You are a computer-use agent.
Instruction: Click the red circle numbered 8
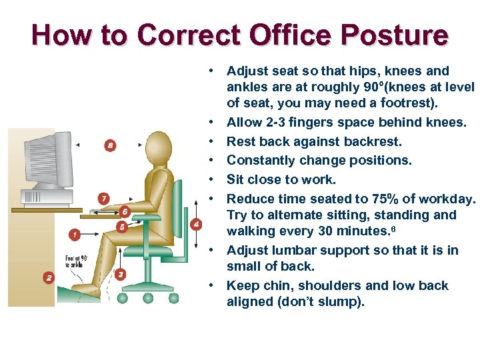[x=110, y=145]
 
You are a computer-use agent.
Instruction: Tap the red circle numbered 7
[x=103, y=198]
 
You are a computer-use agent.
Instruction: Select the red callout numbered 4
[x=196, y=224]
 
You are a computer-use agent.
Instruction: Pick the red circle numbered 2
[x=48, y=277]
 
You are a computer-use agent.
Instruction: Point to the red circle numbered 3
[x=120, y=273]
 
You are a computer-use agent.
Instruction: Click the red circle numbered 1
[x=74, y=234]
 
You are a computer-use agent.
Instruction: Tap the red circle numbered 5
[x=121, y=227]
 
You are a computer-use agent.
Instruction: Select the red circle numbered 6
[x=125, y=211]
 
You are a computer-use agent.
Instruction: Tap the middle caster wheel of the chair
[x=148, y=297]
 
